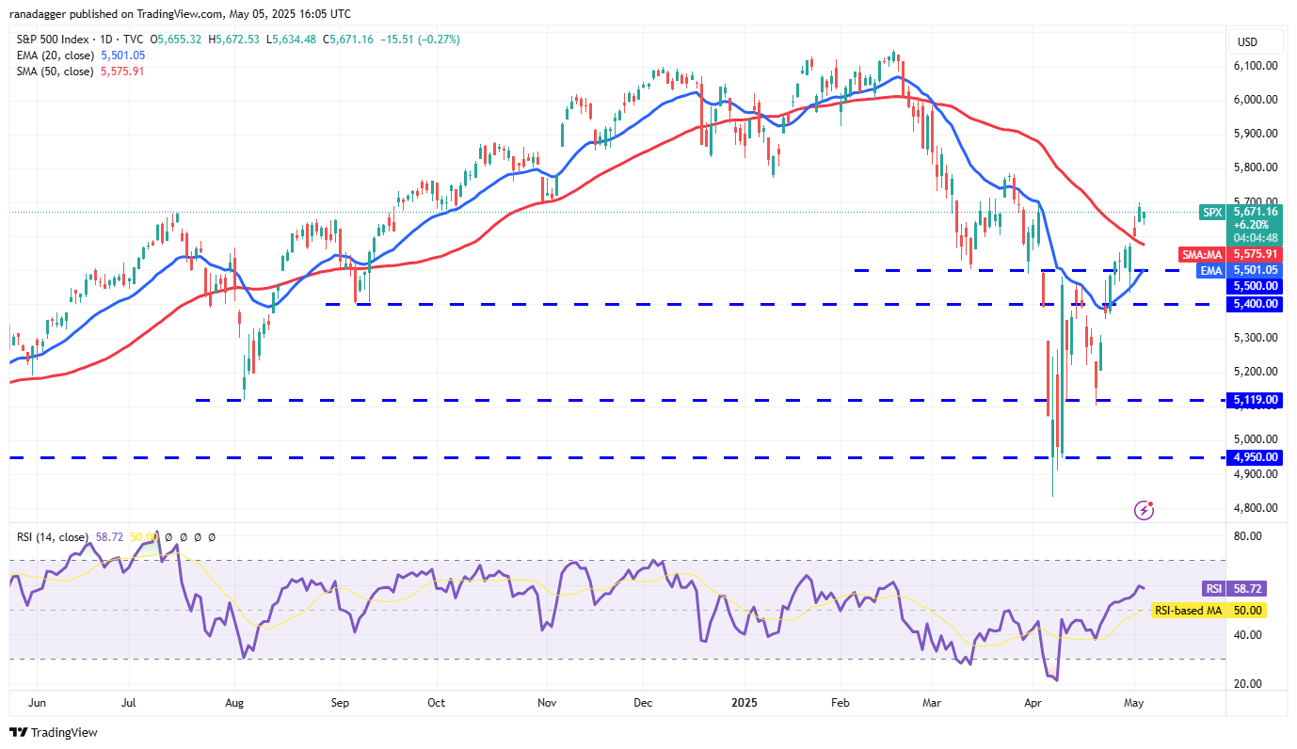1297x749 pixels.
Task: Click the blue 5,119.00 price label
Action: [1257, 400]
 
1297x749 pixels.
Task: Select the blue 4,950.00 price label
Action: [1257, 457]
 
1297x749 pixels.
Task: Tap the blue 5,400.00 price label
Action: [1257, 304]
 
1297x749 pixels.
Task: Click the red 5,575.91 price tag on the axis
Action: [1257, 254]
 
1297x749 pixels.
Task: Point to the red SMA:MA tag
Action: [1203, 254]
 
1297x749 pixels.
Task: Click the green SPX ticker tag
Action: [1212, 213]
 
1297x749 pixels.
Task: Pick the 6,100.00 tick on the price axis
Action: [1257, 66]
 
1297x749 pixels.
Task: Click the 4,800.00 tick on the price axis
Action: [1257, 508]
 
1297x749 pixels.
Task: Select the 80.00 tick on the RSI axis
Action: [1248, 536]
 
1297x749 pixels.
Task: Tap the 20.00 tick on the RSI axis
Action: [1248, 684]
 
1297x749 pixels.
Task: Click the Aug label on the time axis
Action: [235, 702]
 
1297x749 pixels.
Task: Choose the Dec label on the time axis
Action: [644, 702]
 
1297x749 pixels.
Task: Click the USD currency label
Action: [1247, 41]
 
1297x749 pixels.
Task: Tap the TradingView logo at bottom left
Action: [54, 732]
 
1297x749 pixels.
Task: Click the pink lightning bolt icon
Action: [1145, 510]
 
